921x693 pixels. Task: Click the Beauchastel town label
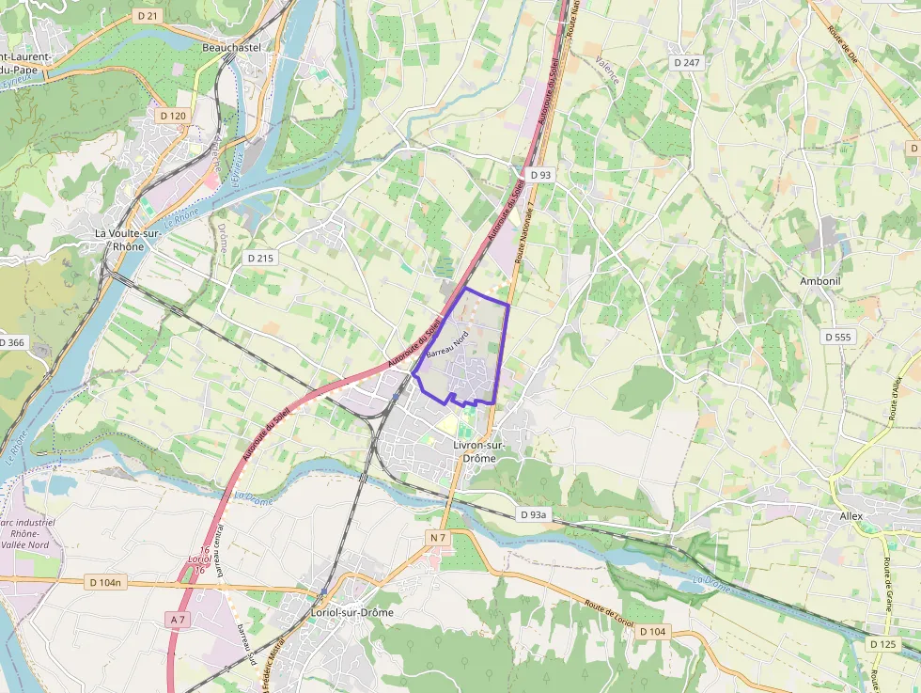coord(230,46)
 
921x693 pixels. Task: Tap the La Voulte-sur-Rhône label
coord(119,239)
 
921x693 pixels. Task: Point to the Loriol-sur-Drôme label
coord(351,612)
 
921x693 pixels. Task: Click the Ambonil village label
coord(820,281)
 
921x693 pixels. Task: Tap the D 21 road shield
coord(148,16)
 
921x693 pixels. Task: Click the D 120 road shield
coord(173,116)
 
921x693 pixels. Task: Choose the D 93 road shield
coord(540,175)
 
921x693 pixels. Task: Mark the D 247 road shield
coord(687,62)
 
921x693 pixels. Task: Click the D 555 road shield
coord(837,337)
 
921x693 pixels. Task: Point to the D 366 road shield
coord(11,342)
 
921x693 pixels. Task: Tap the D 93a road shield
coord(533,514)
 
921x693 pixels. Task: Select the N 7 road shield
coord(437,537)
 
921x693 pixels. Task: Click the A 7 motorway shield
coord(179,620)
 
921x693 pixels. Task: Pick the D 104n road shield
coord(105,583)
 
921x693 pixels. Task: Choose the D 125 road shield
coord(882,644)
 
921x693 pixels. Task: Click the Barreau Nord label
coord(447,345)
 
